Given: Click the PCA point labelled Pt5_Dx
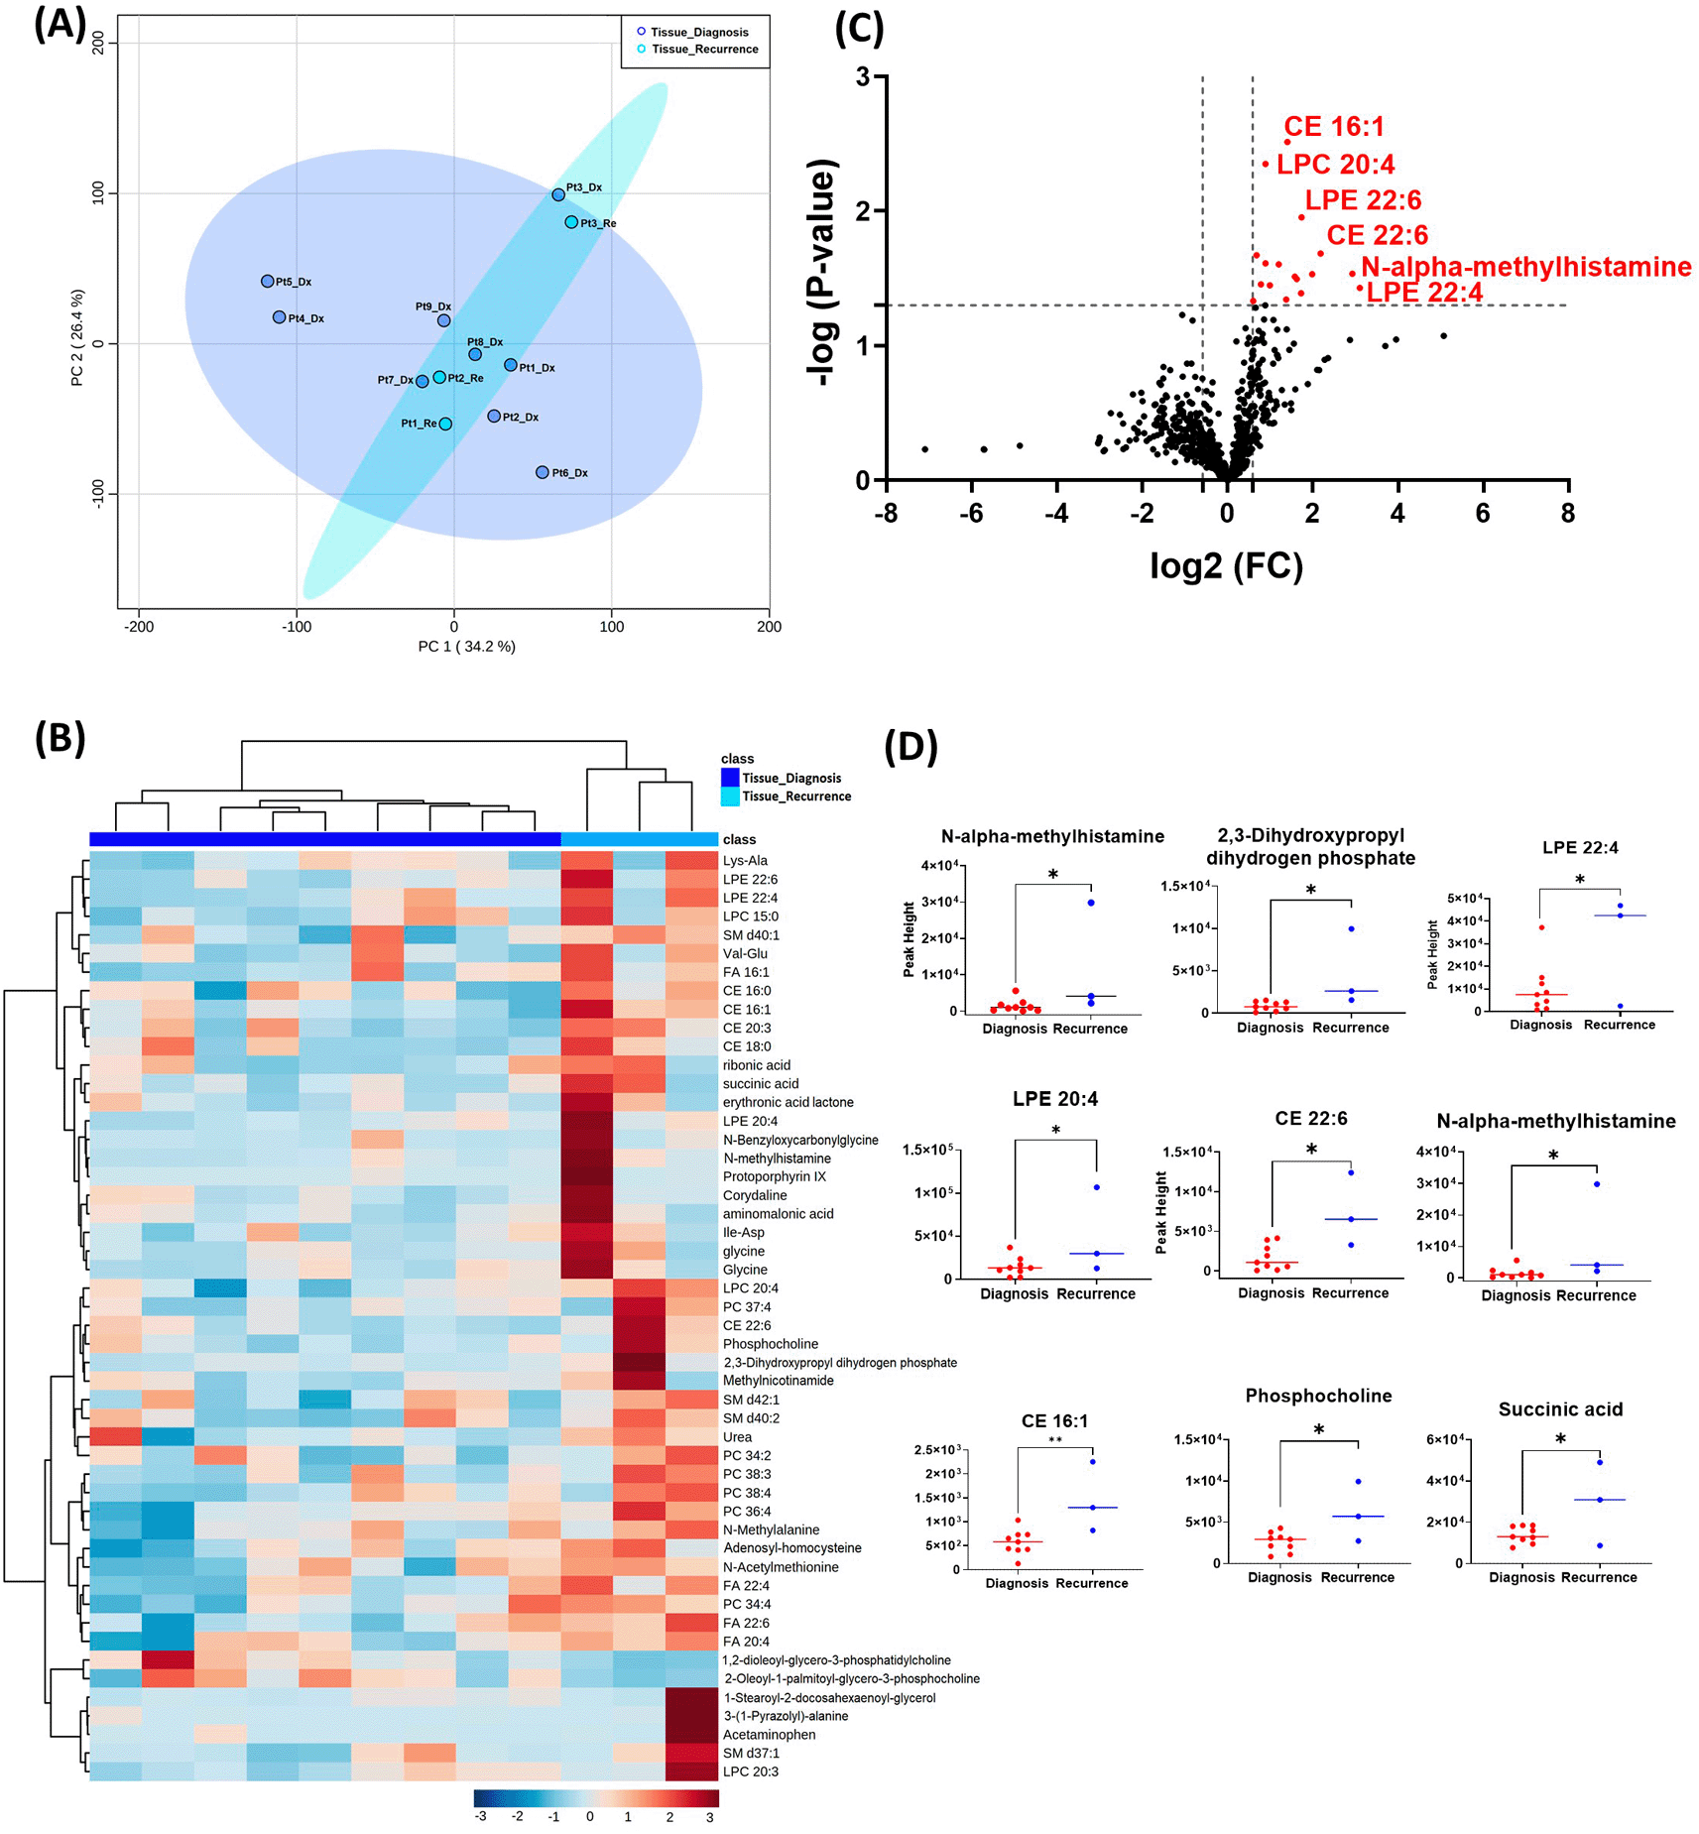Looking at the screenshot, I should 267,282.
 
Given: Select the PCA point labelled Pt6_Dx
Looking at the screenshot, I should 542,472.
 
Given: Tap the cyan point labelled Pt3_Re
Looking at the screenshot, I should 571,222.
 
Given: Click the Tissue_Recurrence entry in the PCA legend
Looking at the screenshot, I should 703,50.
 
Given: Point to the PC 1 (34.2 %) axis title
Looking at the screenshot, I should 466,647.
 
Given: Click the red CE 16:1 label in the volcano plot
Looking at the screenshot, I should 1333,127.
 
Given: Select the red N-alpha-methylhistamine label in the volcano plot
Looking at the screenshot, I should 1525,267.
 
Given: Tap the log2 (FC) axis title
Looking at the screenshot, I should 1226,565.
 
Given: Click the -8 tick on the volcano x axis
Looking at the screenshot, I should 885,513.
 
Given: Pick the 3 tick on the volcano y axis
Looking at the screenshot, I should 863,77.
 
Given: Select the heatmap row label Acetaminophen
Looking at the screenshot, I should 769,1734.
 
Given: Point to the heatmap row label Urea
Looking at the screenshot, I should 737,1436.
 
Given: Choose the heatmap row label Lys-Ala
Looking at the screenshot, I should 745,860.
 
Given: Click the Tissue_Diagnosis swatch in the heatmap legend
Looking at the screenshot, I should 730,778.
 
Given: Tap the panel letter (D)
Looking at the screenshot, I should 910,746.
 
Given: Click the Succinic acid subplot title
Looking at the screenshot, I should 1559,1409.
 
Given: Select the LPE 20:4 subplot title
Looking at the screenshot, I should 1054,1099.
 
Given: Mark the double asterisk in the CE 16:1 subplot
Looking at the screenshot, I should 1054,1440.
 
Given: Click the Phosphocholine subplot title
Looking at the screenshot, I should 1318,1396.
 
